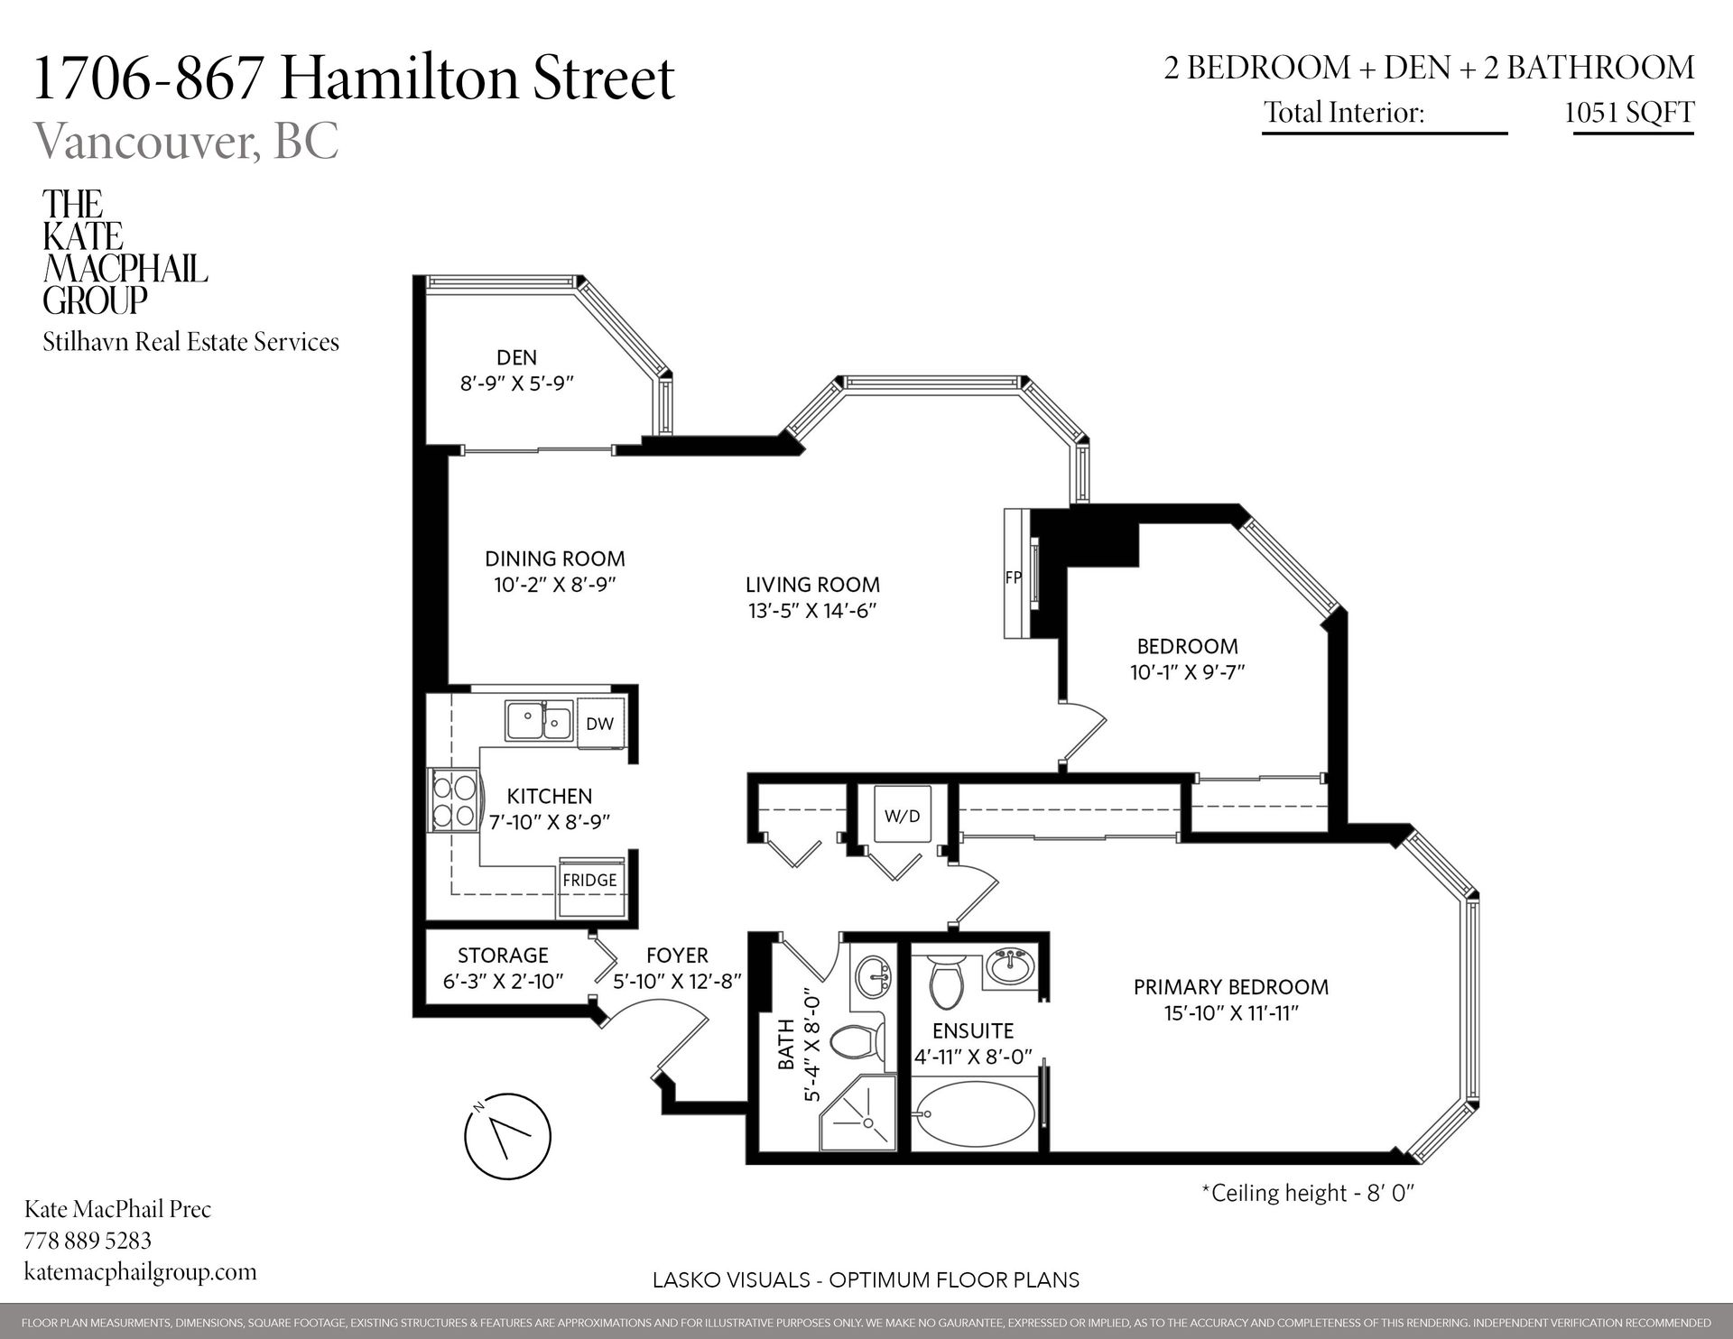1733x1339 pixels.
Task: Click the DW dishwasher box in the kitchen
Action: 599,723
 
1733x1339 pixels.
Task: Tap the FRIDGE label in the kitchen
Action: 589,880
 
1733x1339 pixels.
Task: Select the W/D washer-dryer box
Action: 902,816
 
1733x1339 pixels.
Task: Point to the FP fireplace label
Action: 1013,577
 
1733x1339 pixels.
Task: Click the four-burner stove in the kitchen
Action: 454,800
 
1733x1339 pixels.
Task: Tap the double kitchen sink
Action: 539,722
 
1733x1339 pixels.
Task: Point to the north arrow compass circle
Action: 506,1135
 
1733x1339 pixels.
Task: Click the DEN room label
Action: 516,357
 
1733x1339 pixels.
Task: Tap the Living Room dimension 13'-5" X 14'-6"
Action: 812,611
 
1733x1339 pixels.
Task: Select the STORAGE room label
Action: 503,955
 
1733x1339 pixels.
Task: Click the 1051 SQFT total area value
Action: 1628,112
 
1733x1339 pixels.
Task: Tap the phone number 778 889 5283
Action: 88,1240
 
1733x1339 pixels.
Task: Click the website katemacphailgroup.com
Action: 140,1271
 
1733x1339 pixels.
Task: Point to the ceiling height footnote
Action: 1307,1193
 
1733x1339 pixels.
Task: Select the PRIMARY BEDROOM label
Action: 1230,987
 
